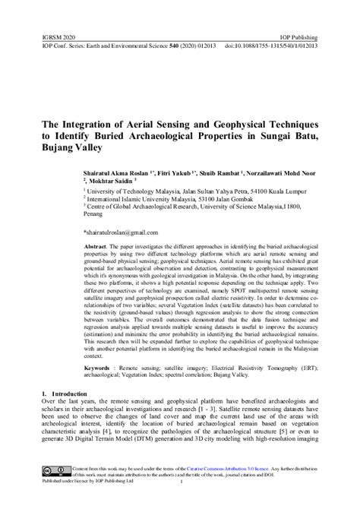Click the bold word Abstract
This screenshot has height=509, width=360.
click(x=96, y=247)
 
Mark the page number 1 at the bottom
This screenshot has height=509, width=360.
click(x=180, y=482)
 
